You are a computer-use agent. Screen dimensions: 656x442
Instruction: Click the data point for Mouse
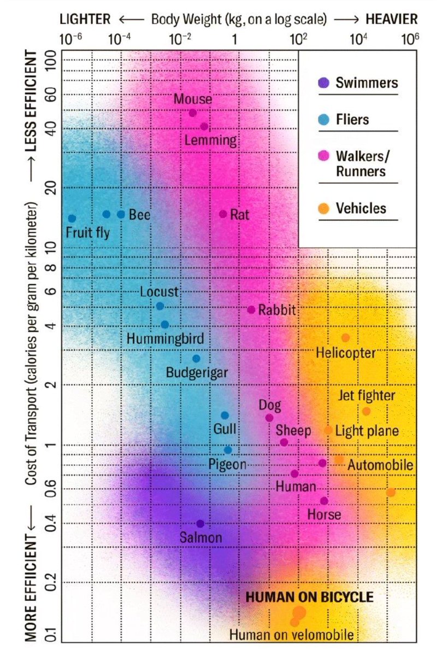[193, 113]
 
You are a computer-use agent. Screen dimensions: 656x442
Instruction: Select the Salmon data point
[201, 524]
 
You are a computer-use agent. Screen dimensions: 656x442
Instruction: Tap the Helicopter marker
[345, 338]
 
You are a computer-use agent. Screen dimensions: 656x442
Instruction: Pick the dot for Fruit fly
[72, 219]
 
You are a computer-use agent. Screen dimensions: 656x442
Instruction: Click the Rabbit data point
[251, 310]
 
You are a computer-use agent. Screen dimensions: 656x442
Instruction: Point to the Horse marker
[324, 501]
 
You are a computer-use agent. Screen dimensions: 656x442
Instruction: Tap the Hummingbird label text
[161, 338]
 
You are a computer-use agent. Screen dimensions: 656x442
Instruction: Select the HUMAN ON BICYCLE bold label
[310, 597]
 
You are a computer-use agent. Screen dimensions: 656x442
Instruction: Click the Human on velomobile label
[291, 635]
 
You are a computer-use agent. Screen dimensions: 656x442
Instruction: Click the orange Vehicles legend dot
[324, 208]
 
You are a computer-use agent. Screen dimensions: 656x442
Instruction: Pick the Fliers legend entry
[352, 120]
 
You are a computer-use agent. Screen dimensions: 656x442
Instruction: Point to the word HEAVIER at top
[392, 20]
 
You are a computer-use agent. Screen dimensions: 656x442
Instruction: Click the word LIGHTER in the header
[85, 20]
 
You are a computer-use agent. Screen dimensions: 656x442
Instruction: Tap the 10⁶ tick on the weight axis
[410, 39]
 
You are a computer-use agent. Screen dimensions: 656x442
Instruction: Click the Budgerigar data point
[197, 359]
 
